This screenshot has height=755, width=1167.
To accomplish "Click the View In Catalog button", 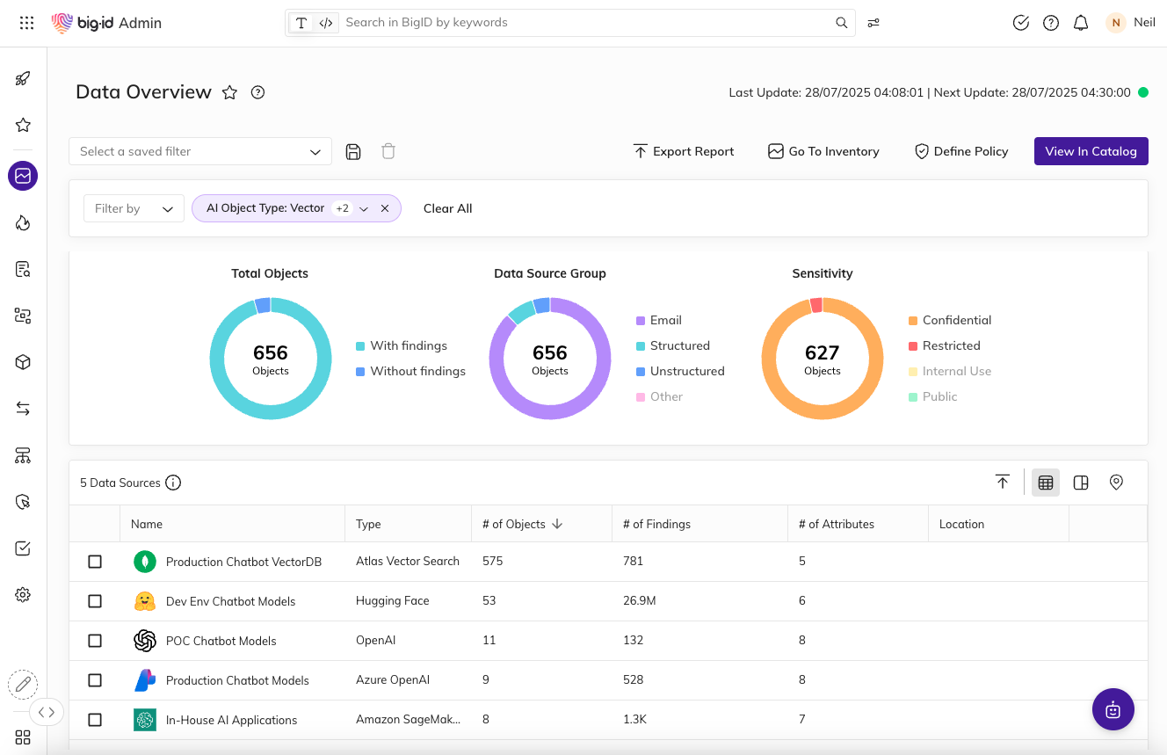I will click(1091, 151).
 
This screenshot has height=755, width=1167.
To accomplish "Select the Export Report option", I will click(684, 151).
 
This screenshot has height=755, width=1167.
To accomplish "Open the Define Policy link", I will click(961, 151).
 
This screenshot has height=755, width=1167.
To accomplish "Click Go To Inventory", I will click(823, 151).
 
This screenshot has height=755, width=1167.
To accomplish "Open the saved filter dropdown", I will click(200, 151).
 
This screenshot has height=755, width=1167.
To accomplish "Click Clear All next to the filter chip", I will click(447, 208).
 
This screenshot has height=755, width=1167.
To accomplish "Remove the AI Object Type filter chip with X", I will click(385, 208).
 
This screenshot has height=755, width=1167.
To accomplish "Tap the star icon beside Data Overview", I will click(229, 92).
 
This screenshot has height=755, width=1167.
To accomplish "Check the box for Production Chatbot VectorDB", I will click(95, 562).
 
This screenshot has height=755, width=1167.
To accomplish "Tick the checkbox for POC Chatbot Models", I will click(95, 641).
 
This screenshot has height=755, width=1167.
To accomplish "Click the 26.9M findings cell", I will click(638, 601).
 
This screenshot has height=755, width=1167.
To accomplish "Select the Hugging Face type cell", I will click(392, 601).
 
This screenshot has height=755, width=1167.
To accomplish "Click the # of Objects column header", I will click(514, 524).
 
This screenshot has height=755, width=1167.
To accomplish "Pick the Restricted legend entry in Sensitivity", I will click(951, 345).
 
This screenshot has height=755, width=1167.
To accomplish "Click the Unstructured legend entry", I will click(686, 371).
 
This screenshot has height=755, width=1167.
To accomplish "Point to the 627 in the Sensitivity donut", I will click(822, 352).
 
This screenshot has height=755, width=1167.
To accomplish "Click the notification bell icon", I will click(1081, 23).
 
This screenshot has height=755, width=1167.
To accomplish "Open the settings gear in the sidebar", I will click(23, 595).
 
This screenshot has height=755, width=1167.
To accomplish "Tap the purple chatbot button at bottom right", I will click(1113, 709).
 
